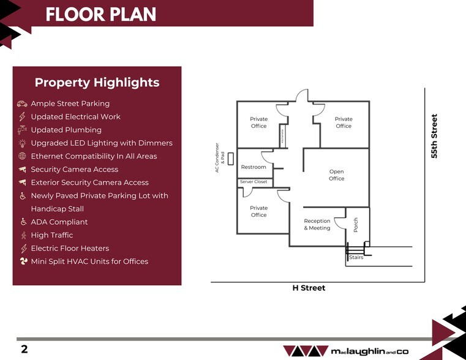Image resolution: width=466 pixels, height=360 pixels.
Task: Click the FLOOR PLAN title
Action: coord(100,14)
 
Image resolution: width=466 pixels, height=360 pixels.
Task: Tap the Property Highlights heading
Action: coord(97,83)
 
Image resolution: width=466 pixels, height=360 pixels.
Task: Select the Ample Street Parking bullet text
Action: coord(70,103)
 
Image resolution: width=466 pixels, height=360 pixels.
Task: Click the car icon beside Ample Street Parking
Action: coord(23,104)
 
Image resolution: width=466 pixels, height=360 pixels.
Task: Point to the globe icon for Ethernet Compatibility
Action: coord(23,156)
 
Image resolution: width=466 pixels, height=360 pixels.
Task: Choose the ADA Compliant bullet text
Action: coord(59,222)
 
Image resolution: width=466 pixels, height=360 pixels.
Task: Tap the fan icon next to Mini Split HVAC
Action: coord(23,261)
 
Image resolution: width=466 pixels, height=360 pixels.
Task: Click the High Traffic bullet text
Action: coord(52,235)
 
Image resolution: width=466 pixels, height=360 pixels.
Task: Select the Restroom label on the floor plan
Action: coord(254,167)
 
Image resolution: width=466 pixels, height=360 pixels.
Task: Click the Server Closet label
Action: coord(254,182)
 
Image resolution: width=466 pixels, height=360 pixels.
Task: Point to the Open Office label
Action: coord(336,175)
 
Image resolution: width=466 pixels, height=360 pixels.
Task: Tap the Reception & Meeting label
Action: coord(317,225)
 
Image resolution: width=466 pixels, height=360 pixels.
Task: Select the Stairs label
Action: coord(356,257)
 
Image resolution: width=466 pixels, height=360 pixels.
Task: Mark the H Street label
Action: coord(309,288)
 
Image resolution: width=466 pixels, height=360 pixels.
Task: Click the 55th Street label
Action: coord(435,137)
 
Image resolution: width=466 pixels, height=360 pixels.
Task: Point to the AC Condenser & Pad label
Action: coord(220,158)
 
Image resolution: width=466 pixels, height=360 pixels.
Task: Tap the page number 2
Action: coord(24,350)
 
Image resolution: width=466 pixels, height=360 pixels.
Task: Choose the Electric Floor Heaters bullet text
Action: coord(70,248)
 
